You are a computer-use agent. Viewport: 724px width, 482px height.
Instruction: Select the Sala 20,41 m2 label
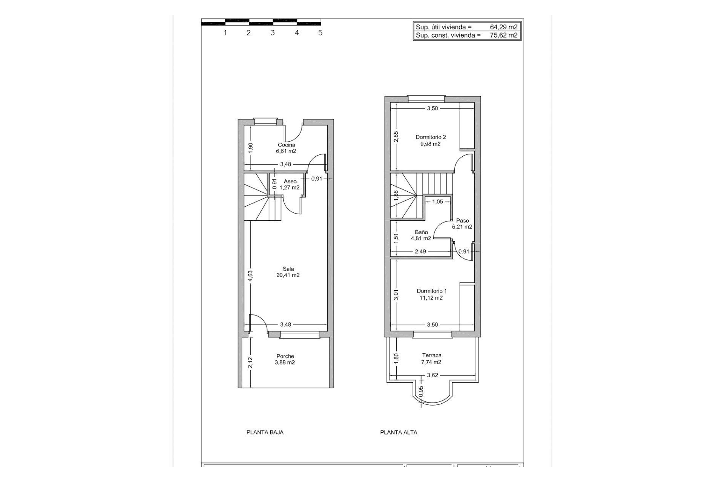pos(288,272)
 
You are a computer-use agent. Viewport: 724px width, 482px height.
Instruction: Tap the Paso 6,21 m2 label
pos(462,224)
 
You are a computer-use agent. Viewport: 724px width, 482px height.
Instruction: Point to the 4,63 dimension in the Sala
pos(250,276)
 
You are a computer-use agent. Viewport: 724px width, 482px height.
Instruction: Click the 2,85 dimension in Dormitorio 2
pos(396,136)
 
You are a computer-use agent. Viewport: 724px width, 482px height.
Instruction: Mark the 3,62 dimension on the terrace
pos(432,375)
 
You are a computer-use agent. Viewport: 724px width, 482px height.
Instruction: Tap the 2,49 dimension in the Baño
pos(420,252)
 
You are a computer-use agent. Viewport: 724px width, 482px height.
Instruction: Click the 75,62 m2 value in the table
pos(503,35)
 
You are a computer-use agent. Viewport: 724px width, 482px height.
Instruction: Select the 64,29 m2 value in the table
pos(503,27)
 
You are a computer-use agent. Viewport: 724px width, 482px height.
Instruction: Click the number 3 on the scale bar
pos(273,33)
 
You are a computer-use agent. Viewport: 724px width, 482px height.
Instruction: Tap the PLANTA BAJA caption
pos(265,432)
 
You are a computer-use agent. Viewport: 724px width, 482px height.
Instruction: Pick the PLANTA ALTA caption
pos(399,432)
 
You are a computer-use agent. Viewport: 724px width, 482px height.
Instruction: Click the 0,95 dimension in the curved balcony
pos(421,391)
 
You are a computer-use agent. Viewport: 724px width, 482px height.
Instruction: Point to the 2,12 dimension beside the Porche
pos(250,363)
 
